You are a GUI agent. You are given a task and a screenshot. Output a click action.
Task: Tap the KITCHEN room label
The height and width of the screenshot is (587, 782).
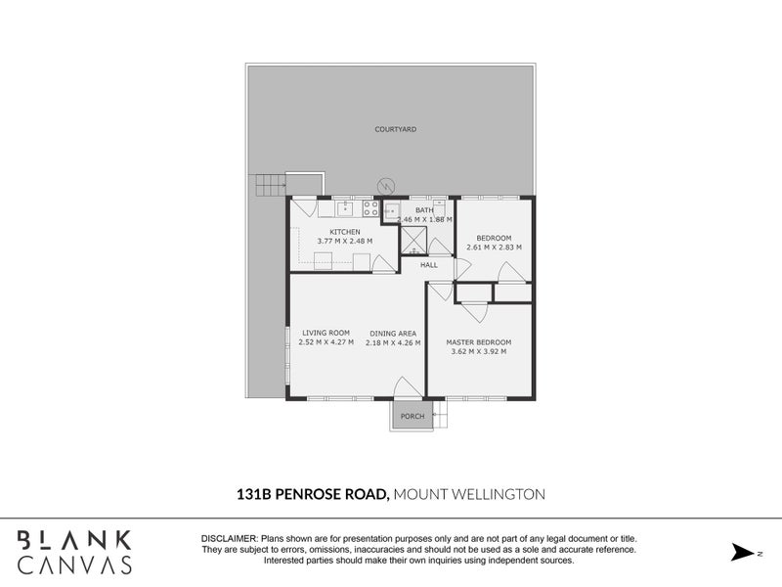pyautogui.click(x=331, y=232)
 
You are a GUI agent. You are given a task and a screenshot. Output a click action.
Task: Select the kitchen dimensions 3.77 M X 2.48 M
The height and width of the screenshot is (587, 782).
pyautogui.click(x=344, y=242)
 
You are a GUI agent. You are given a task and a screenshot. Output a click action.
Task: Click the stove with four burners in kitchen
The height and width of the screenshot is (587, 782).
pyautogui.click(x=371, y=208)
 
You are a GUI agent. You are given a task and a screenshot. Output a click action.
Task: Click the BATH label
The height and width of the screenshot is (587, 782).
pyautogui.click(x=424, y=210)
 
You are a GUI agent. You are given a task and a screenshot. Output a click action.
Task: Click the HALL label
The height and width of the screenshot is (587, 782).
pyautogui.click(x=429, y=265)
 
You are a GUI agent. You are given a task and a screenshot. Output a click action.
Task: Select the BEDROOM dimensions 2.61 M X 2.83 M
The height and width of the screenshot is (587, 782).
pyautogui.click(x=493, y=248)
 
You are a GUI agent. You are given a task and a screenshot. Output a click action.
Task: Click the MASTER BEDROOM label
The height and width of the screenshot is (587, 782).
pyautogui.click(x=478, y=342)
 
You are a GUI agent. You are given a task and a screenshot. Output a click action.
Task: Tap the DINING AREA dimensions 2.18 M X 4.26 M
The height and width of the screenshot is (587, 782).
pyautogui.click(x=393, y=343)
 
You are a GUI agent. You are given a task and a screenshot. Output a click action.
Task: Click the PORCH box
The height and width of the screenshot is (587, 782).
pyautogui.click(x=413, y=416)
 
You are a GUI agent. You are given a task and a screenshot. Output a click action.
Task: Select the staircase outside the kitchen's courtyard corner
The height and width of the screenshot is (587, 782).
pyautogui.click(x=269, y=185)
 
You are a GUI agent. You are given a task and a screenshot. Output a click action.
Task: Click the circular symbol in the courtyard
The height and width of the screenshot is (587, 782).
pyautogui.click(x=387, y=184)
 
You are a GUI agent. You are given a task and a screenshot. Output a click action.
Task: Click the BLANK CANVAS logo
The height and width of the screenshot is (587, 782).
pyautogui.click(x=75, y=552)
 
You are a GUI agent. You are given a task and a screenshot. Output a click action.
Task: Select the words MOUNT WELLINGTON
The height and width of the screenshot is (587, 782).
pyautogui.click(x=469, y=495)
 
